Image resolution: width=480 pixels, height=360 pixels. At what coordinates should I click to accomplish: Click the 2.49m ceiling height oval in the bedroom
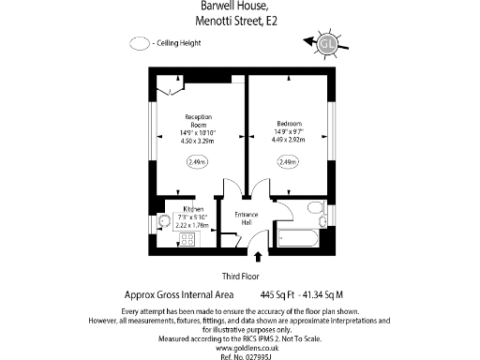(x=288, y=162)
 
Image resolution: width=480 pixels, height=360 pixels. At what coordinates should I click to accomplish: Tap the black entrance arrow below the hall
(x=259, y=255)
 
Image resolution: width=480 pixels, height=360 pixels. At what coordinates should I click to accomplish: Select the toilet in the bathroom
(x=316, y=208)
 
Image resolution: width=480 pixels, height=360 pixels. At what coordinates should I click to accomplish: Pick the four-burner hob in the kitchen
(x=187, y=239)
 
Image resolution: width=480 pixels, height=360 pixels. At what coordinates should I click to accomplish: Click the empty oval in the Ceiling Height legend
(x=141, y=43)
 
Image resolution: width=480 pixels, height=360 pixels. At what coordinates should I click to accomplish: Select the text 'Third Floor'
(x=240, y=277)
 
